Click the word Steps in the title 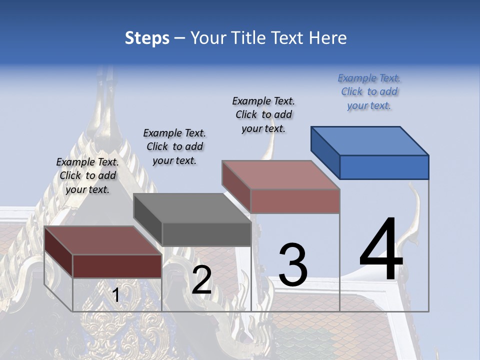147,38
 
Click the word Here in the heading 327,38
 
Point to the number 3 293,265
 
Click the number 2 201,280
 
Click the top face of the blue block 370,141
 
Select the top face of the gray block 192,208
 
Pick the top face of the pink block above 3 281,175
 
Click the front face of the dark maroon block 117,266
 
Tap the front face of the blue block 384,167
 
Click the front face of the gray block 206,234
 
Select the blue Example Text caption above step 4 369,91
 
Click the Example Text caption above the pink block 263,114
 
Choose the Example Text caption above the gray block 174,146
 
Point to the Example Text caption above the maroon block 87,175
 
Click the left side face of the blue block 325,152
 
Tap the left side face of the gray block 148,219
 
